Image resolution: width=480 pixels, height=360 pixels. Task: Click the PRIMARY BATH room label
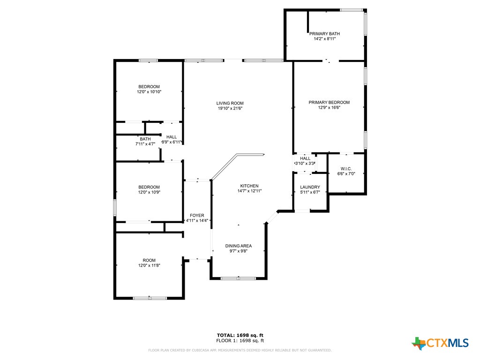pos(324,34)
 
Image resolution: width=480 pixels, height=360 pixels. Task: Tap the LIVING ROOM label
pos(230,103)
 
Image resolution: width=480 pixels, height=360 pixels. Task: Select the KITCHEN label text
pos(249,186)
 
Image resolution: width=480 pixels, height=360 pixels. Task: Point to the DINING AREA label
pos(239,246)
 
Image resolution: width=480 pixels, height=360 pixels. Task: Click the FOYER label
pos(197,215)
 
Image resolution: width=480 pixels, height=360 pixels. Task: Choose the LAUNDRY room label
pos(310,187)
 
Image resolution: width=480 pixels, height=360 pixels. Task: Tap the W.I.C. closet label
pos(346,169)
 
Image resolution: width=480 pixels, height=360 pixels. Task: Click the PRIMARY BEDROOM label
pos(329,102)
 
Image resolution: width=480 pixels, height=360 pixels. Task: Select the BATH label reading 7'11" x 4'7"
pos(145,139)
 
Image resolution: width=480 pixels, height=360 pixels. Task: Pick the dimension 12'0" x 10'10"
pos(149,92)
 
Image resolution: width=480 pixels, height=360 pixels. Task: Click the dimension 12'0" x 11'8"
pos(149,266)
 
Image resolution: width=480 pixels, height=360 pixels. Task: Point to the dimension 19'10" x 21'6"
pos(230,108)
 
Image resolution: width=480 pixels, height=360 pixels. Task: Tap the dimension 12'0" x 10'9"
pos(149,192)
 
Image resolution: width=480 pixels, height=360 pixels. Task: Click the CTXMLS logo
pos(440,343)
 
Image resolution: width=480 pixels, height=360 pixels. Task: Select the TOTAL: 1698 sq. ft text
pos(240,335)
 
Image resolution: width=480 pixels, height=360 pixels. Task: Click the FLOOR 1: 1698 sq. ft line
pos(240,340)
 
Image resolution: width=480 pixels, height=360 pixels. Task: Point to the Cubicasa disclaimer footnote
pos(240,350)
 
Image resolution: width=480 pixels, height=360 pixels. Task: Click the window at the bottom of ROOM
pos(150,298)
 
